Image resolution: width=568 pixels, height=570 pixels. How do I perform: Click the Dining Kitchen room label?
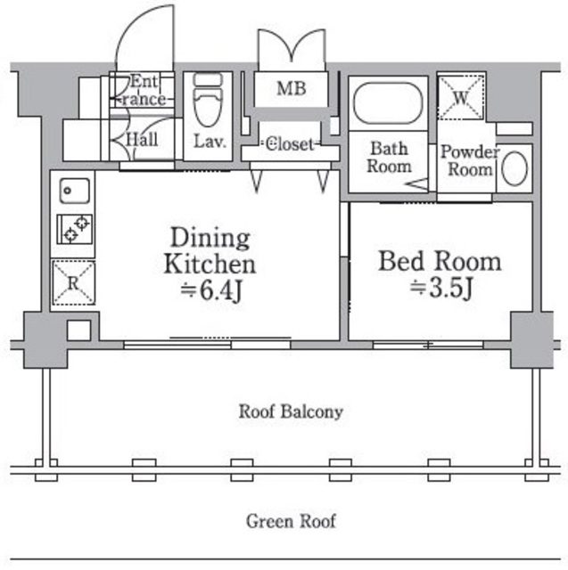(x=210, y=250)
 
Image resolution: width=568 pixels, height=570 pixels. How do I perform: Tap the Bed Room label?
(x=440, y=261)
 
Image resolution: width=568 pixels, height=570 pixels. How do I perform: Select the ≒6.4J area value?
(x=211, y=290)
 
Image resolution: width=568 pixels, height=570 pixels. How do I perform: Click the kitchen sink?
(x=73, y=190)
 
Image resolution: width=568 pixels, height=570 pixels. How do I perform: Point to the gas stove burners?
(x=73, y=228)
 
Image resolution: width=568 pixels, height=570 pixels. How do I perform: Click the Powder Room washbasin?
(x=514, y=168)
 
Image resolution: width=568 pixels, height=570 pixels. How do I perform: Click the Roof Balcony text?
(x=291, y=411)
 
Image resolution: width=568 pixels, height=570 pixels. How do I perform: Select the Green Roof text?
(x=291, y=521)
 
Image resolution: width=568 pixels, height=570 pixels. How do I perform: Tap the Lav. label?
(x=209, y=142)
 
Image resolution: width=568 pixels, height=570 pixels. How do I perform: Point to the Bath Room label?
(x=389, y=157)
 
